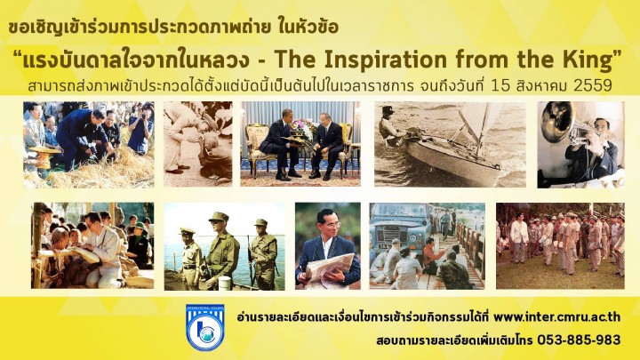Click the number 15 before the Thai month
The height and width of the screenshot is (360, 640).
(501, 85)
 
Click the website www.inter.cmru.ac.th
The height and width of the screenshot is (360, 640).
(557, 316)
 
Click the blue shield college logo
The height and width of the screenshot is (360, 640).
(205, 327)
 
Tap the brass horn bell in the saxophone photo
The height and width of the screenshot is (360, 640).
(556, 121)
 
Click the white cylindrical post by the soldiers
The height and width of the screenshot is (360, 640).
(225, 283)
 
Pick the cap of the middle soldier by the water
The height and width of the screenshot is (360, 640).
(219, 217)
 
